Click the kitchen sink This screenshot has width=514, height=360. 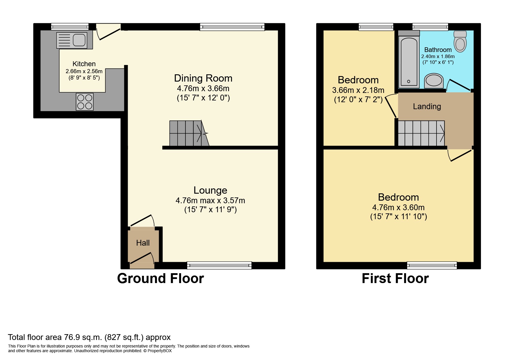pos(72,40)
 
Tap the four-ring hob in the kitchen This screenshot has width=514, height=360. pos(85,102)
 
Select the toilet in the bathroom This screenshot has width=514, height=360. pos(460,41)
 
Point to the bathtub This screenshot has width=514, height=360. pos(409,62)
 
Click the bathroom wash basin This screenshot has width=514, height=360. pos(434,81)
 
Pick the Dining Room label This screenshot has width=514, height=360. pos(203,78)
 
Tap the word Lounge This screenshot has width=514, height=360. pos(210,190)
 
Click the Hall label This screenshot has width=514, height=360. pos(143,243)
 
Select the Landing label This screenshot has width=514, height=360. pos(427,107)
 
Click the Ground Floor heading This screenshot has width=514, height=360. pos(160,278)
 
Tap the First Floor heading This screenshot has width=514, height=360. pos(395,278)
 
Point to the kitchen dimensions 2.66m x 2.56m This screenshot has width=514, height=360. pos(84,71)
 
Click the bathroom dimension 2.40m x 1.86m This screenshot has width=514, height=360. pos(438,57)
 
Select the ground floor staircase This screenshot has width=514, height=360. pos(189,133)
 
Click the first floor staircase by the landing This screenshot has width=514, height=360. pos(421,133)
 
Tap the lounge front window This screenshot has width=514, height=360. pos(219,265)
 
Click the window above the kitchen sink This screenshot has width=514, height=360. pos(70,27)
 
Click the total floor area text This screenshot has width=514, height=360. pos(89,337)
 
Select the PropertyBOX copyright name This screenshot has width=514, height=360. pos(160,351)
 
